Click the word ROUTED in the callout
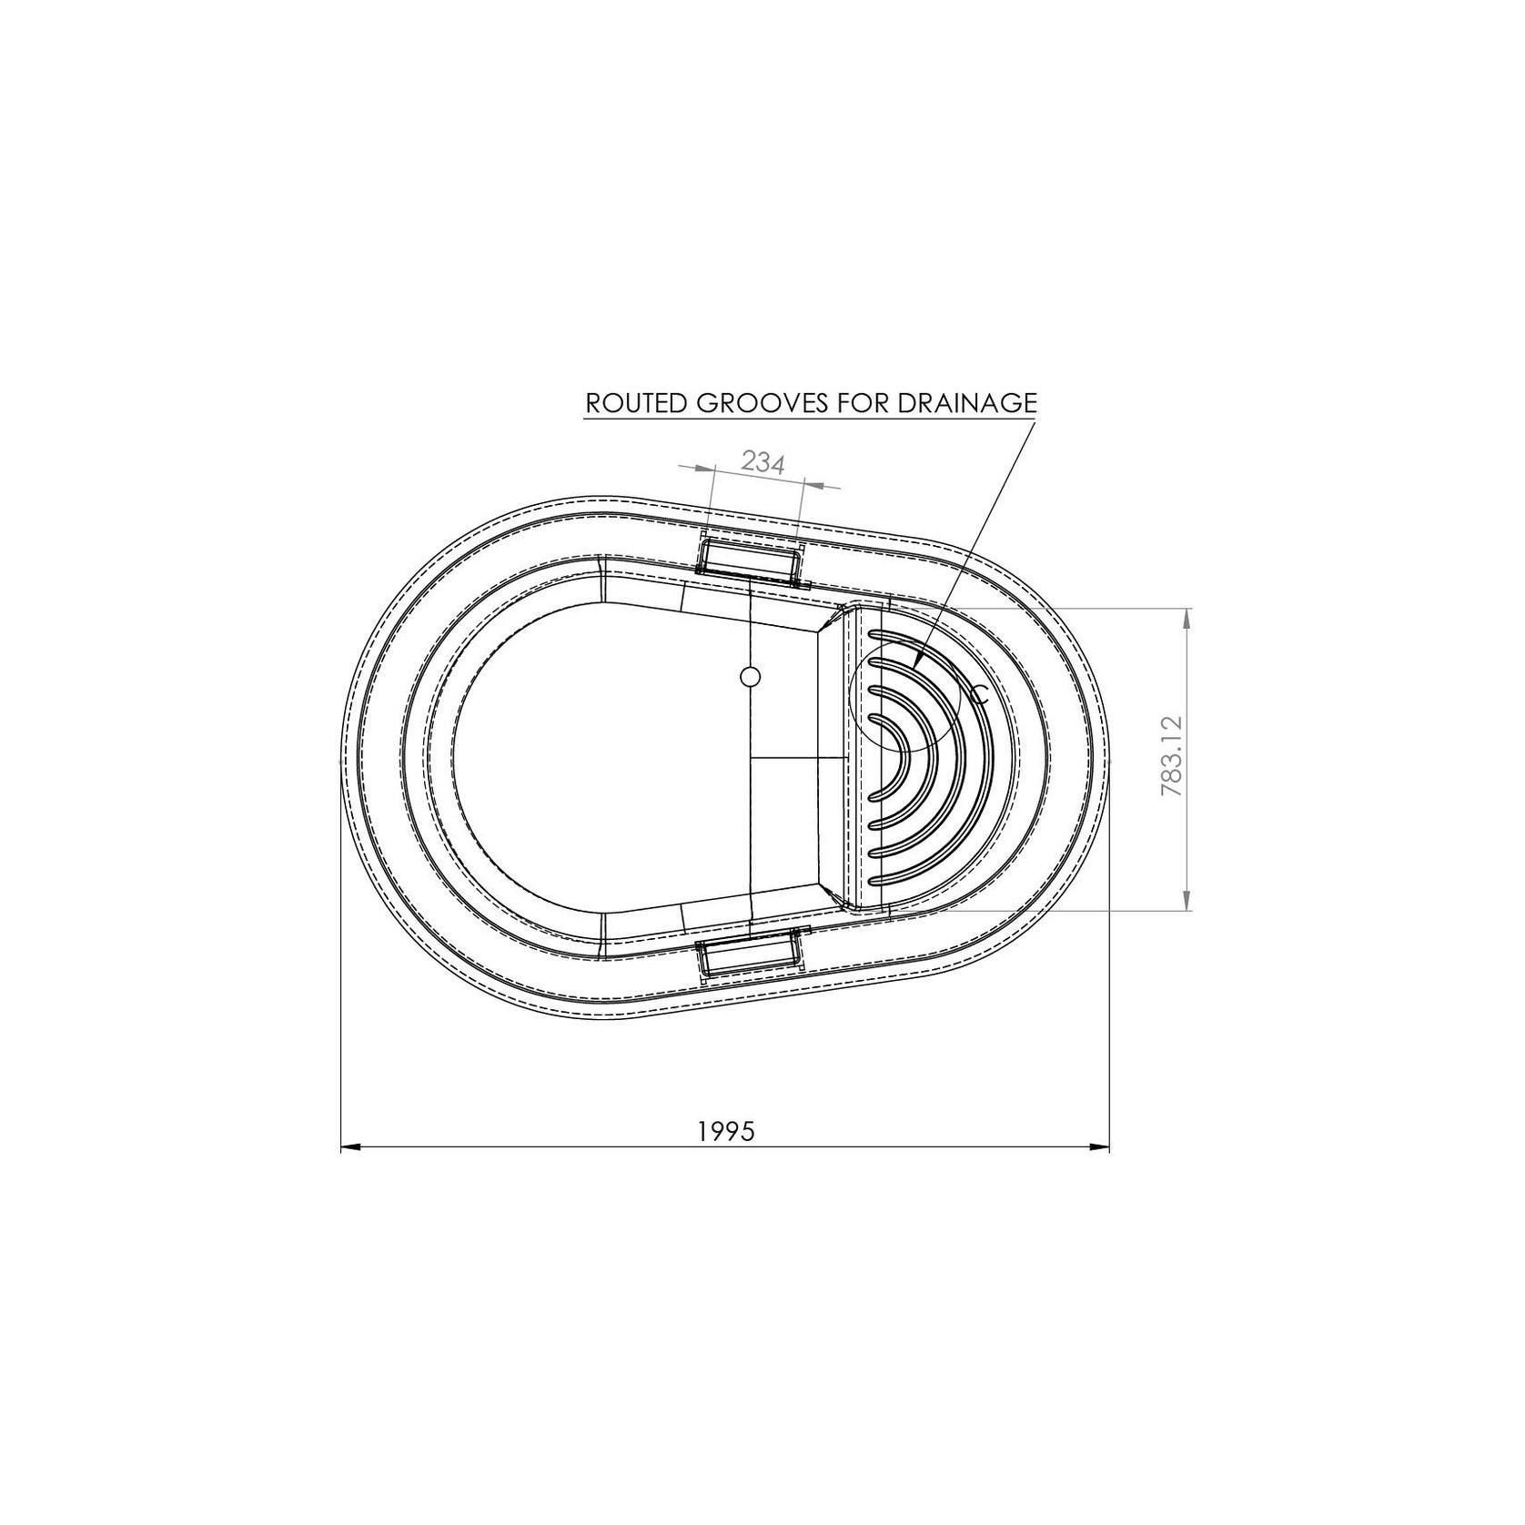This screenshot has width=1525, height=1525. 637,403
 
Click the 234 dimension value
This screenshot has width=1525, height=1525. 762,462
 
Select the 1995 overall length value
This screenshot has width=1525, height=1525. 727,1131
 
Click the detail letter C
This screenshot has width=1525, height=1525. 979,696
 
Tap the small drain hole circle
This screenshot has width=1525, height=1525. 751,677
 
